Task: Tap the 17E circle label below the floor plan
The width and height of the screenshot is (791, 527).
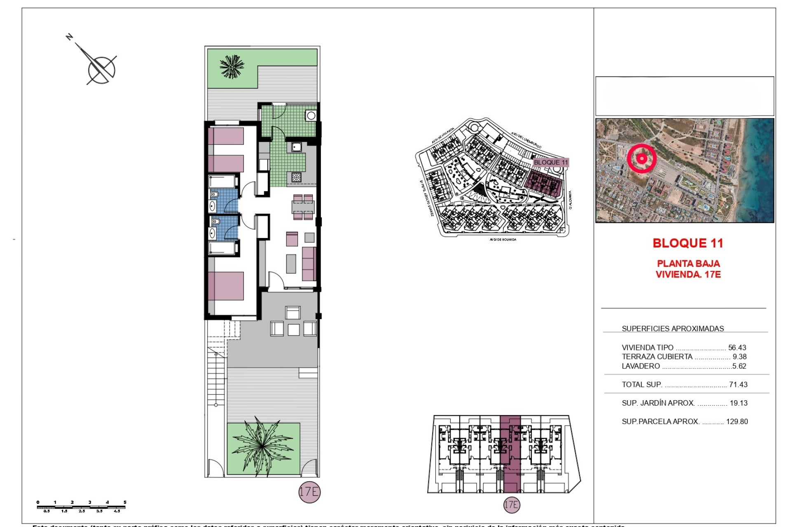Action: [309, 492]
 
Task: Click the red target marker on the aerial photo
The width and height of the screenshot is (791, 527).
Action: [641, 159]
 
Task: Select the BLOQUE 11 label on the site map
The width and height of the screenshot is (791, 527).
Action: [550, 162]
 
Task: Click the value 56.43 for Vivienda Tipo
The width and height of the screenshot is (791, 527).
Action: [737, 347]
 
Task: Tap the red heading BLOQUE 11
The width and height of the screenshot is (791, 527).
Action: [688, 243]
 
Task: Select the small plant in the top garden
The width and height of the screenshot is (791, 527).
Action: [232, 67]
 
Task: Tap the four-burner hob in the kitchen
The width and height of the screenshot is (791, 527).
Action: [296, 177]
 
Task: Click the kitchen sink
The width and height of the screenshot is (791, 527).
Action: [296, 147]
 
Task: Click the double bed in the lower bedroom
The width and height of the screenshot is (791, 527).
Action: [226, 286]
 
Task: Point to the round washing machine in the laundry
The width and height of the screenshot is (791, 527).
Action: [311, 116]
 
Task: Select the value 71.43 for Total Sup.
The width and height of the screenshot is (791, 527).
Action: [738, 385]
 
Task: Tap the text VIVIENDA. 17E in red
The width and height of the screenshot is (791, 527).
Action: [688, 275]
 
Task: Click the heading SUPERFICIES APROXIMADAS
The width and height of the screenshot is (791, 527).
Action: [672, 329]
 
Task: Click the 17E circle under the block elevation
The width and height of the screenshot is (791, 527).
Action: [511, 505]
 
